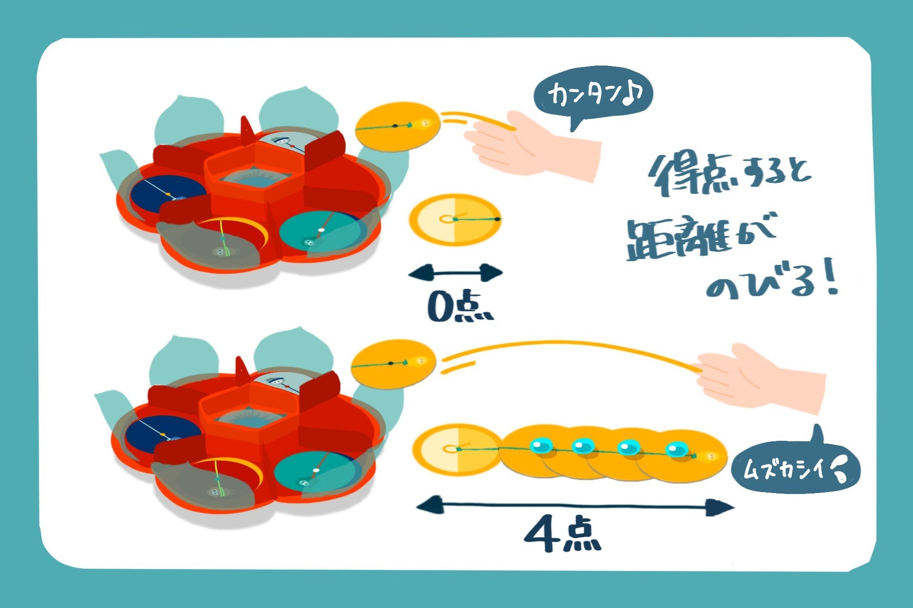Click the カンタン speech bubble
click(593, 94)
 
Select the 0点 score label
click(459, 306)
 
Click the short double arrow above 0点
click(455, 273)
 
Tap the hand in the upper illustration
click(533, 145)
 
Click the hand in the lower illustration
click(761, 378)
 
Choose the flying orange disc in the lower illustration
click(394, 364)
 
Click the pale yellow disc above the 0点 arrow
click(455, 219)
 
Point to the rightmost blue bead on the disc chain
click(677, 448)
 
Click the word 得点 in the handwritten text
click(685, 176)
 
